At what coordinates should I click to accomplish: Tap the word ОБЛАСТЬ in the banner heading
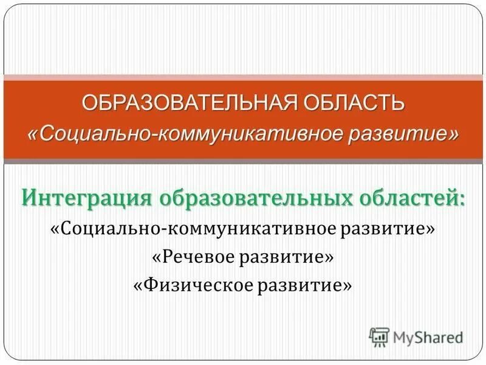click(x=352, y=103)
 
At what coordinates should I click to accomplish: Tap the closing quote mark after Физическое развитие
click(x=347, y=285)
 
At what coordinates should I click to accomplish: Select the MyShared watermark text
click(x=428, y=337)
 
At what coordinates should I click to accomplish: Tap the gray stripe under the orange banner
click(x=243, y=162)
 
